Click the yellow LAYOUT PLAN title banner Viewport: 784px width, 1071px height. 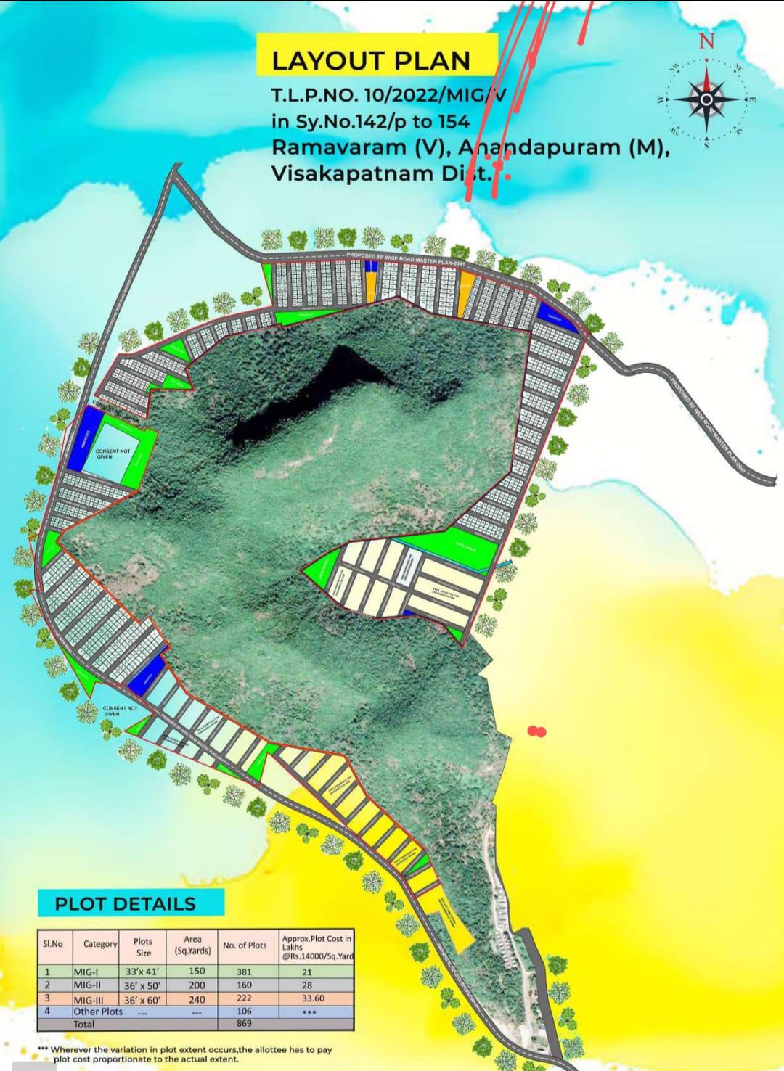pyautogui.click(x=371, y=61)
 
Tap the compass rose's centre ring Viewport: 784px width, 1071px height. pyautogui.click(x=706, y=101)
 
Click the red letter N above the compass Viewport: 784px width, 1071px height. pyautogui.click(x=706, y=41)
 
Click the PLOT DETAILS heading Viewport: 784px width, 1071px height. pyautogui.click(x=126, y=903)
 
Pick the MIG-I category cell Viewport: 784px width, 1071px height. pyautogui.click(x=89, y=971)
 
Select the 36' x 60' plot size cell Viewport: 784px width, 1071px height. pyautogui.click(x=142, y=998)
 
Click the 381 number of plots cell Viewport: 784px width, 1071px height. pyautogui.click(x=245, y=971)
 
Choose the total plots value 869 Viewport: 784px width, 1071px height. pyautogui.click(x=245, y=1023)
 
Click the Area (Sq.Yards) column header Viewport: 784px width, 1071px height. pyautogui.click(x=192, y=945)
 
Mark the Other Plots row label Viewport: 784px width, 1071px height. pyautogui.click(x=98, y=1011)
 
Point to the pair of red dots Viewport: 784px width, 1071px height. pyautogui.click(x=536, y=731)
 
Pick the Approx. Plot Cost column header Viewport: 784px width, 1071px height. pyautogui.click(x=317, y=945)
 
